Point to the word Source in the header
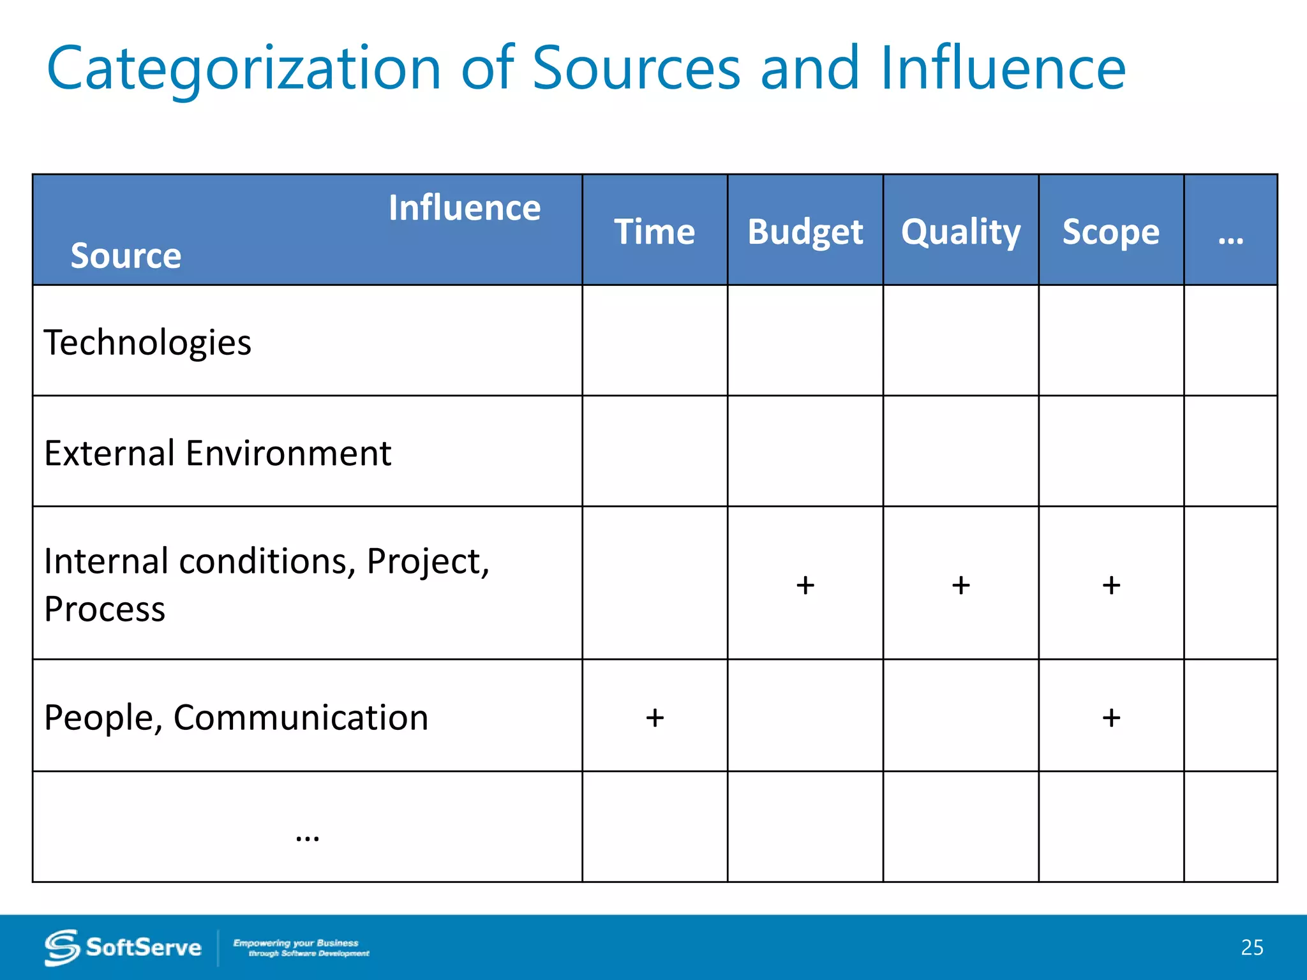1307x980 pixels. (x=126, y=255)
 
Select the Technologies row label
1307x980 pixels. (x=147, y=343)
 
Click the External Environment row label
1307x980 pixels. (x=217, y=454)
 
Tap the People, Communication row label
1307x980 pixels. (x=235, y=717)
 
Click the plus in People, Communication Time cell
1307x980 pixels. (x=655, y=718)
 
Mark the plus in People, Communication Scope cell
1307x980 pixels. (x=1111, y=718)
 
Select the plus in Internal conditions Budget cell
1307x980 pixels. (x=805, y=585)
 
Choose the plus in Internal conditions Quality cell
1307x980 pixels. (x=960, y=585)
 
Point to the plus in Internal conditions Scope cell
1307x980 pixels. (x=1111, y=585)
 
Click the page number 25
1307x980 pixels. (x=1251, y=947)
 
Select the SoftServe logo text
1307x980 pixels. (x=143, y=947)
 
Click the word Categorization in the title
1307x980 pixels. (x=244, y=68)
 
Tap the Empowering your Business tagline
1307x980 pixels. (x=301, y=947)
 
